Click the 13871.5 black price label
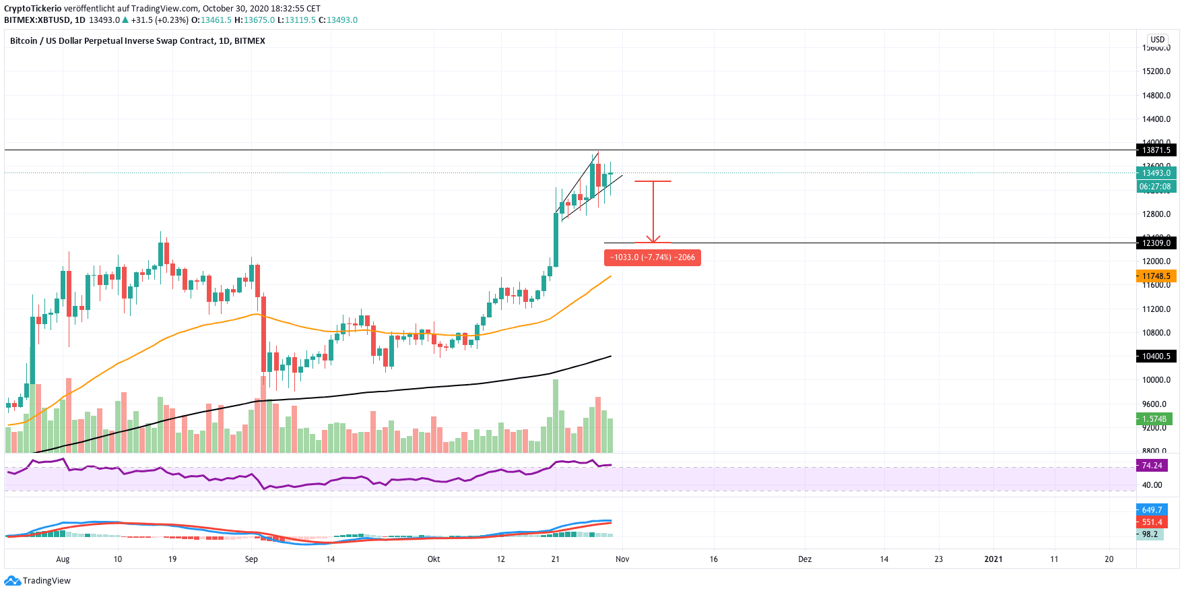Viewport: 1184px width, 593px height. click(1156, 150)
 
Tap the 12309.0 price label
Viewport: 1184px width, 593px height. click(1156, 243)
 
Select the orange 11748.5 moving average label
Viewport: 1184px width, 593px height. click(1156, 276)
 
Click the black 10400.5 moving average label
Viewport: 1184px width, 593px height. click(1156, 356)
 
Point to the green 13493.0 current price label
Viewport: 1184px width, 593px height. click(1156, 173)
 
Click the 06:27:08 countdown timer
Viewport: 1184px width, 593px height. click(1155, 187)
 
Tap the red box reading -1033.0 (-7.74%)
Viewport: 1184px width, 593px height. click(652, 257)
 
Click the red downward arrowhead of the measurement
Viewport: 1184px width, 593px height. click(653, 239)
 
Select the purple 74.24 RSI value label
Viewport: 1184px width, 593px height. click(1152, 466)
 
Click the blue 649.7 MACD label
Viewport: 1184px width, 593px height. click(1152, 510)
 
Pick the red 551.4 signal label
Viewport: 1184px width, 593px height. click(1152, 522)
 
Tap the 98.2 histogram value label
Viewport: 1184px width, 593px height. click(1150, 534)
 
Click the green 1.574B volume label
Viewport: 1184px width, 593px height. click(1154, 419)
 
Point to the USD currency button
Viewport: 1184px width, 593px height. click(1157, 40)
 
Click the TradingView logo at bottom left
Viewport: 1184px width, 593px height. click(38, 581)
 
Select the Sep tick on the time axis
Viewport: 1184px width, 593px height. click(251, 559)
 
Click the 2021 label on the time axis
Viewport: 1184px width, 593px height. click(993, 559)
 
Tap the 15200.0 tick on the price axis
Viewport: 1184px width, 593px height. click(1156, 71)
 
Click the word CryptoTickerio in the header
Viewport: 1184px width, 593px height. click(32, 9)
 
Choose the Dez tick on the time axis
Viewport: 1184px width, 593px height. click(805, 559)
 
